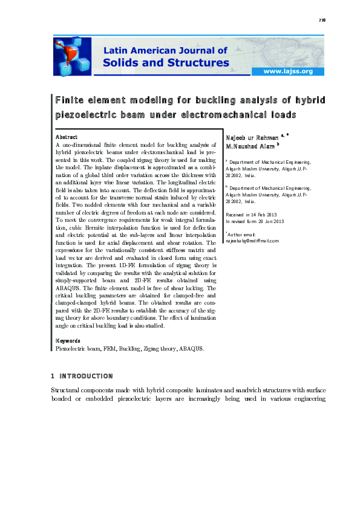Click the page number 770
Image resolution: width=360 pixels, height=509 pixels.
pyautogui.click(x=322, y=20)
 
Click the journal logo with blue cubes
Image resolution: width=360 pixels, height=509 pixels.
pyautogui.click(x=72, y=55)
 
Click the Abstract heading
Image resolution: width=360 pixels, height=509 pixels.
pyautogui.click(x=66, y=137)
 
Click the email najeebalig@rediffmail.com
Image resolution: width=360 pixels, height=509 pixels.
pyautogui.click(x=252, y=241)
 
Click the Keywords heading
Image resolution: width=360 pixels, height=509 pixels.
pyautogui.click(x=68, y=340)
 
